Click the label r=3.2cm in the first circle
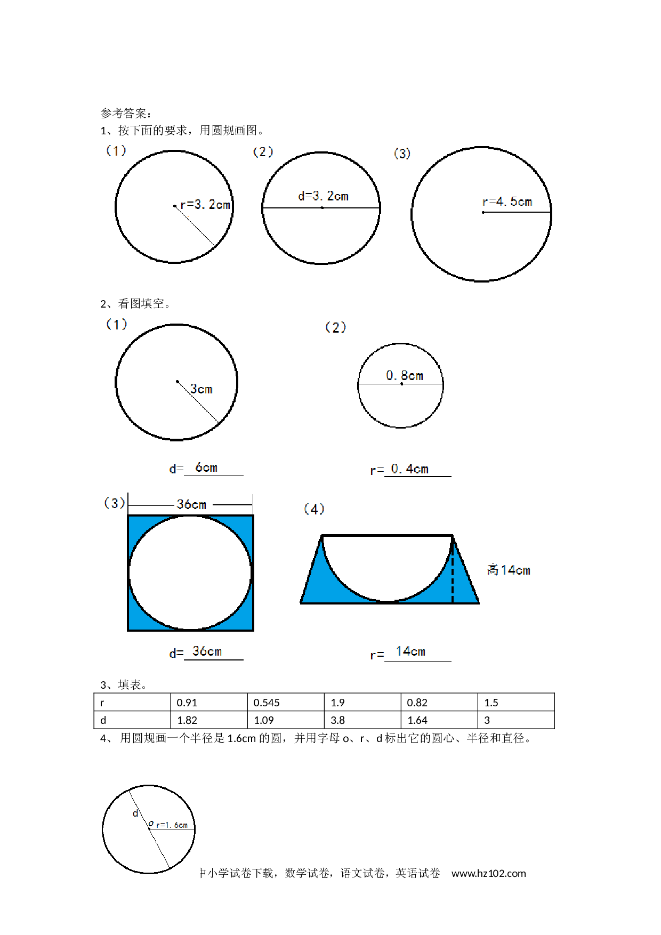tap(205, 205)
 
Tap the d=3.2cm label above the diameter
tap(323, 196)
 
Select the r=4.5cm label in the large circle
tap(507, 202)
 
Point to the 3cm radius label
tap(201, 389)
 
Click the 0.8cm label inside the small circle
tap(405, 376)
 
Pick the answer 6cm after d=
tap(206, 467)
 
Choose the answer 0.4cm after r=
tap(409, 469)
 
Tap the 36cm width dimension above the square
tap(191, 504)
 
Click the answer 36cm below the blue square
tap(207, 651)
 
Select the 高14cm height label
tap(509, 570)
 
